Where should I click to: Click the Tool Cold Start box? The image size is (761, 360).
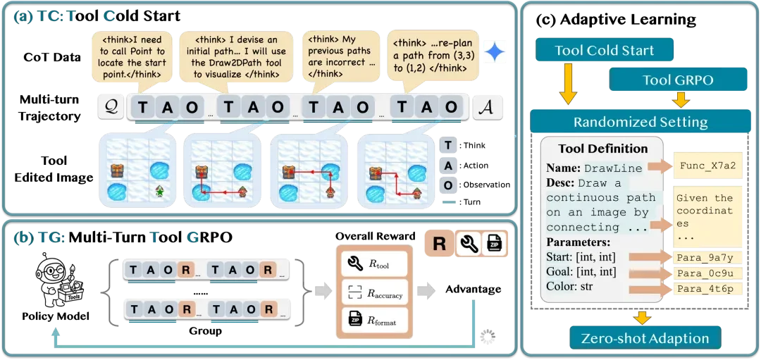pyautogui.click(x=605, y=50)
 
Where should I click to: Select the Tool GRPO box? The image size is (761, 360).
pyautogui.click(x=668, y=80)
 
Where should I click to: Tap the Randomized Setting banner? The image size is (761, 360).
pyautogui.click(x=640, y=121)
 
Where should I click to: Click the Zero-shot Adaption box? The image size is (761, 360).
pyautogui.click(x=645, y=338)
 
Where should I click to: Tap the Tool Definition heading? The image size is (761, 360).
pyautogui.click(x=602, y=149)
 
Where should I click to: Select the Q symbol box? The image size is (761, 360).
pyautogui.click(x=110, y=106)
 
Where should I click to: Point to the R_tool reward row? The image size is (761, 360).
pyautogui.click(x=373, y=266)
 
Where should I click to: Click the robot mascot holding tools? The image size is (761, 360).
pyautogui.click(x=60, y=278)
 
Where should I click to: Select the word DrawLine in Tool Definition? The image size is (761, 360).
pyautogui.click(x=612, y=168)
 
